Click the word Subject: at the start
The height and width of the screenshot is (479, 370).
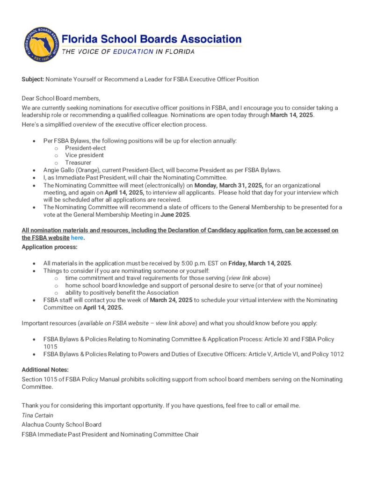(33, 79)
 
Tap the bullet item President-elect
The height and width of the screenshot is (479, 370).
(86, 148)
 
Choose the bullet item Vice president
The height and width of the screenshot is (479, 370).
(85, 155)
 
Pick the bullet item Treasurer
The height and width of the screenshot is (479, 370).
(78, 163)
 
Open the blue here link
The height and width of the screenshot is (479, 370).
(77, 238)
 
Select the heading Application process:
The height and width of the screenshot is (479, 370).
(50, 247)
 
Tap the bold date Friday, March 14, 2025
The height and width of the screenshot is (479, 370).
(260, 263)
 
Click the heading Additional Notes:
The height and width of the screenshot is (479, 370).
(45, 370)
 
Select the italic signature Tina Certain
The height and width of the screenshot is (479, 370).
(37, 415)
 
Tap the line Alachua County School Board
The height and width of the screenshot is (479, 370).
(61, 424)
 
